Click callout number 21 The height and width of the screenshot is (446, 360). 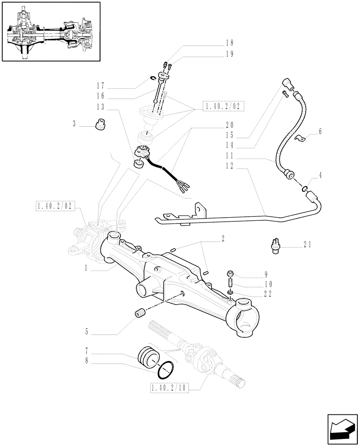point(307,245)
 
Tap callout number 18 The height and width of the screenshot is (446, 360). point(229,43)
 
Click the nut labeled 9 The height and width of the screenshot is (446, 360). point(230,274)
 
